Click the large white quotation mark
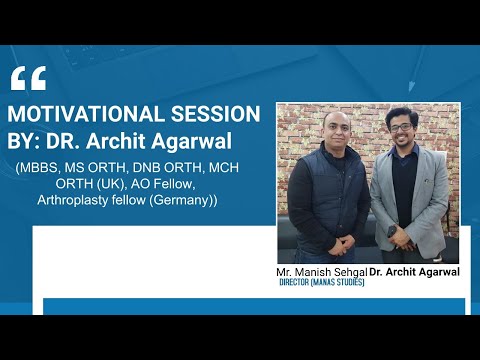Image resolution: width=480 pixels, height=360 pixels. pyautogui.click(x=29, y=79)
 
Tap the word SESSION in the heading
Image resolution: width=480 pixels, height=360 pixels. pyautogui.click(x=218, y=113)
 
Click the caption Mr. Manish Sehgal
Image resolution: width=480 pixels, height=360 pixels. pyautogui.click(x=322, y=272)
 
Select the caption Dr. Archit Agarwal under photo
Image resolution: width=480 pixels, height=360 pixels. pyautogui.click(x=414, y=272)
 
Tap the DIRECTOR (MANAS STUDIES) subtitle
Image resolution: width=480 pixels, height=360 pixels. pyautogui.click(x=322, y=283)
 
